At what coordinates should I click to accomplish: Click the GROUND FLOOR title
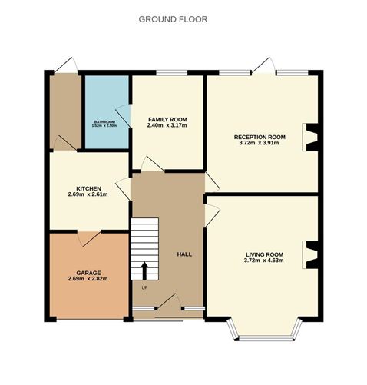pos(172,18)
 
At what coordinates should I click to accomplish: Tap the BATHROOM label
pos(104,121)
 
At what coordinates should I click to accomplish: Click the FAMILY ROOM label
pos(167,119)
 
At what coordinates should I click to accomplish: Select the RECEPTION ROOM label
pos(260,137)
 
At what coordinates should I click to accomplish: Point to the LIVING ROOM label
pos(264,254)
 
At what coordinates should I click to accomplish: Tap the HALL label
pos(184,254)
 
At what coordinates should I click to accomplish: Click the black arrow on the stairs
pos(144,270)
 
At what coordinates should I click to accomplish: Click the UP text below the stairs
pos(144,287)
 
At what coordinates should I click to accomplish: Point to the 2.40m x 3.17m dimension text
pos(167,126)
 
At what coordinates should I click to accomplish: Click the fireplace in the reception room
pos(310,137)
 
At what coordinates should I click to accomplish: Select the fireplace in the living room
pos(310,254)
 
